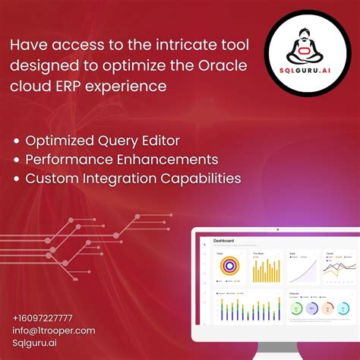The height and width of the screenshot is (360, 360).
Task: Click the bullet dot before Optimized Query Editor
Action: [x=17, y=141]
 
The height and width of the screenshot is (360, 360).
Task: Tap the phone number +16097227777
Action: [x=43, y=317]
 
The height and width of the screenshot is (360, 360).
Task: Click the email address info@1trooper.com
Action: [x=54, y=330]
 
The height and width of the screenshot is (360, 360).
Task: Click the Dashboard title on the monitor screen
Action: [x=223, y=241]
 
